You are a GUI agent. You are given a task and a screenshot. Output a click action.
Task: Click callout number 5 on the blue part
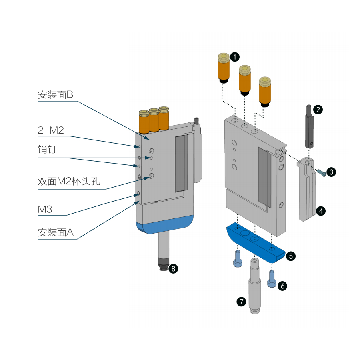click(x=291, y=255)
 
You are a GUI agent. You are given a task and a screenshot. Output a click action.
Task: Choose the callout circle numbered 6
click(x=282, y=286)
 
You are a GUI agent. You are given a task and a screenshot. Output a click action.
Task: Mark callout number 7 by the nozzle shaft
click(x=241, y=302)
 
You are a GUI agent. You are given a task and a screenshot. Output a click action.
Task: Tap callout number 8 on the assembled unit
click(x=173, y=268)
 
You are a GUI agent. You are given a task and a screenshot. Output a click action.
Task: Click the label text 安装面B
click(x=56, y=95)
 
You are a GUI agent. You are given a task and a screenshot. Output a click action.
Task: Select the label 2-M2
click(x=51, y=130)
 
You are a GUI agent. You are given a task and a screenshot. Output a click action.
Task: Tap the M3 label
click(x=45, y=209)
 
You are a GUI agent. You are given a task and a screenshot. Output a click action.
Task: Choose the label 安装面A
click(x=56, y=232)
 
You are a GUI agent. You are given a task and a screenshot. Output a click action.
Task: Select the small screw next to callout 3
click(x=322, y=172)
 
